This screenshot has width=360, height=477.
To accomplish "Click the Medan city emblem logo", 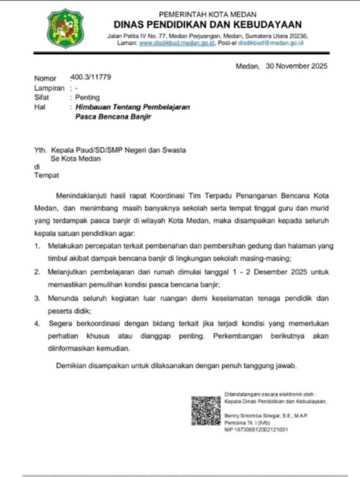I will [x=65, y=28].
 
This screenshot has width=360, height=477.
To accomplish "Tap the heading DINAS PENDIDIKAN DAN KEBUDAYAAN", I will [x=207, y=24].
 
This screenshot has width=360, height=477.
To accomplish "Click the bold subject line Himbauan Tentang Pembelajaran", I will [x=132, y=107].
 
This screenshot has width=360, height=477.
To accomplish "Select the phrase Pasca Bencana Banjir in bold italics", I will [x=113, y=117].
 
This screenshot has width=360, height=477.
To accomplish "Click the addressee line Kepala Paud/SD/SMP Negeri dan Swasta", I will [x=118, y=150].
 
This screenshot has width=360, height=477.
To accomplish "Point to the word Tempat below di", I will [x=47, y=175].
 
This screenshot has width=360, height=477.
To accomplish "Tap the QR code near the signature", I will [x=206, y=410].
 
